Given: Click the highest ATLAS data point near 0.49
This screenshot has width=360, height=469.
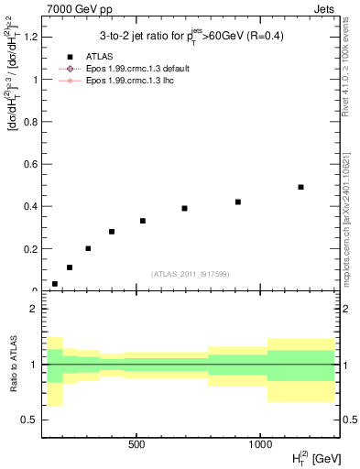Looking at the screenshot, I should coord(300,187).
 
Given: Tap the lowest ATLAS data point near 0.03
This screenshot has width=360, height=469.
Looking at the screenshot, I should coord(55,284).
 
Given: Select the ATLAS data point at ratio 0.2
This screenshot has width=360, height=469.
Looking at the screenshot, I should coord(88,248).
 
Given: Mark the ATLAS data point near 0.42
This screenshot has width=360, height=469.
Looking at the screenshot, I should coord(238,202).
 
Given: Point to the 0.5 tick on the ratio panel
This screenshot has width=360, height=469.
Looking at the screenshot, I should coord(29,420).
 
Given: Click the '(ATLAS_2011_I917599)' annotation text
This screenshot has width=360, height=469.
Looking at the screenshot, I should coord(191,274).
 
